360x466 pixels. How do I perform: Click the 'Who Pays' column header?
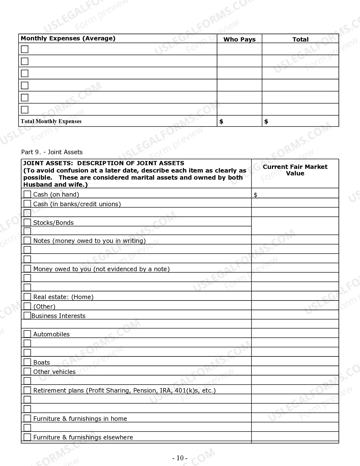coord(239,40)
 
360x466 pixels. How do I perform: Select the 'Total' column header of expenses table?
coord(300,40)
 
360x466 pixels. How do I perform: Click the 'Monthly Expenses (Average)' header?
coord(68,38)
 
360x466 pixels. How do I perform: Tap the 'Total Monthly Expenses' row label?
coord(51,121)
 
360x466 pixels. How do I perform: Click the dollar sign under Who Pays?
coord(221,122)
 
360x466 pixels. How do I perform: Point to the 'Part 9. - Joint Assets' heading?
coord(52,152)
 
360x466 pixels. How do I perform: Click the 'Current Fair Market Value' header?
coord(295,170)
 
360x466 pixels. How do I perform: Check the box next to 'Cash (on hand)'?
coord(27,194)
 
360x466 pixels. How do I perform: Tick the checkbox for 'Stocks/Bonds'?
coord(27,222)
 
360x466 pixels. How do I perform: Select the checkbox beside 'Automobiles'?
coord(27,334)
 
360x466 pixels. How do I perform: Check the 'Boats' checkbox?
coord(27,362)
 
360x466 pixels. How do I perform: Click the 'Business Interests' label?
coord(58,316)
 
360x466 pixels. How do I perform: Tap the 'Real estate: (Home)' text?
coord(63,297)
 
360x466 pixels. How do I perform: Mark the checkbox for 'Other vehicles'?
coord(27,371)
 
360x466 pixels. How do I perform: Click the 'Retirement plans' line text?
coord(124,391)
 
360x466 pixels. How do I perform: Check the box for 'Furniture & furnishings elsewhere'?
coord(27,437)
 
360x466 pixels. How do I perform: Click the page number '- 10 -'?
coord(180,458)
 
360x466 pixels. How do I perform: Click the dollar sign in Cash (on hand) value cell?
coord(256,195)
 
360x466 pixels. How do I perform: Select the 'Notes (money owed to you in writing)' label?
coord(90,241)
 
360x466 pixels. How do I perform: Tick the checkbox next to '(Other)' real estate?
coord(27,306)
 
